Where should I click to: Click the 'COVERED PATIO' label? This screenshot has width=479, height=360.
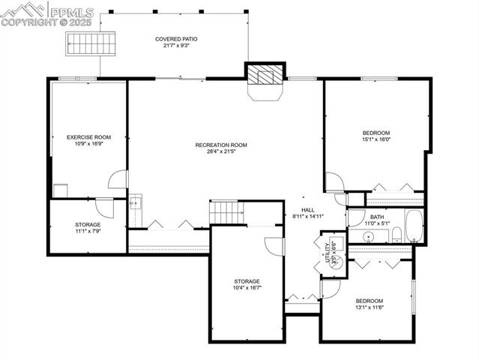177,39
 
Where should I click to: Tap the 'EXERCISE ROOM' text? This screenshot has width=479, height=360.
88,137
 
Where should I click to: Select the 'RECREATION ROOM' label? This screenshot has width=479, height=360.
221,145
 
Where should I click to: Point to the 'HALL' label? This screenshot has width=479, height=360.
308,210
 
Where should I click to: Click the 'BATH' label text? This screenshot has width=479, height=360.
376,217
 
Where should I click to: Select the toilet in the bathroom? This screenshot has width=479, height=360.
396,237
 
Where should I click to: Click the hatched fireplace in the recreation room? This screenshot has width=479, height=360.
265,75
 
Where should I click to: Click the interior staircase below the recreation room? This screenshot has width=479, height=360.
227,211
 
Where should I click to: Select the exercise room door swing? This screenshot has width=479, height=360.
118,179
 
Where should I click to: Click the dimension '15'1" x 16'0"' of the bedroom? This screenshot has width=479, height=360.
376,139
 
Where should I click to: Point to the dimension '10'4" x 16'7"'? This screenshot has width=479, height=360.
247,288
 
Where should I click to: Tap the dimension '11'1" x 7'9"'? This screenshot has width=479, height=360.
88,232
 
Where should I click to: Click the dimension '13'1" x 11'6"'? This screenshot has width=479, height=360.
369,307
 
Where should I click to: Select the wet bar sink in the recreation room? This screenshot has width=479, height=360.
135,202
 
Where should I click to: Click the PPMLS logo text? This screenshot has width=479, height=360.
70,11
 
